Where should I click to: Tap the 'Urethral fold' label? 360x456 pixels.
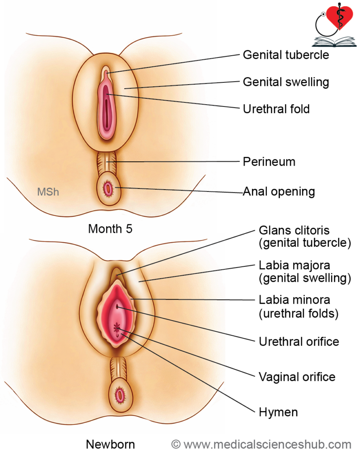[x=276, y=109]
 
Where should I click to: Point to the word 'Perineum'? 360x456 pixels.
[x=269, y=161]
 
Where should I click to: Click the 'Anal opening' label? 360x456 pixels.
[x=279, y=191]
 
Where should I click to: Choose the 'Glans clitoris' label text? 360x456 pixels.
[x=294, y=231]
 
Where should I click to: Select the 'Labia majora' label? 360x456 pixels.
[x=295, y=265]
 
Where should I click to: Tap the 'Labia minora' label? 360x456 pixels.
[x=295, y=300]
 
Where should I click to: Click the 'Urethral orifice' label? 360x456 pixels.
[x=299, y=342]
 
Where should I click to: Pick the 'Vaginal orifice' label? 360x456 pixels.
[x=297, y=377]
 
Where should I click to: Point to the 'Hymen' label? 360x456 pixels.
[x=278, y=412]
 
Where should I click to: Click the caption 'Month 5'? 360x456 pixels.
[x=110, y=229]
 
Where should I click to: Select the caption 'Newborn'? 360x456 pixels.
[x=110, y=444]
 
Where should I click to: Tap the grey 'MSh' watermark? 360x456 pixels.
[x=48, y=192]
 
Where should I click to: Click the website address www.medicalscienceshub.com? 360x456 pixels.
[x=267, y=444]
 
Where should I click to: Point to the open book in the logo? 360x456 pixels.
[x=334, y=42]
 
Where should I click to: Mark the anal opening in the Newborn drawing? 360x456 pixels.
[x=119, y=395]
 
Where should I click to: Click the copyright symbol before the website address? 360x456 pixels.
[x=176, y=444]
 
